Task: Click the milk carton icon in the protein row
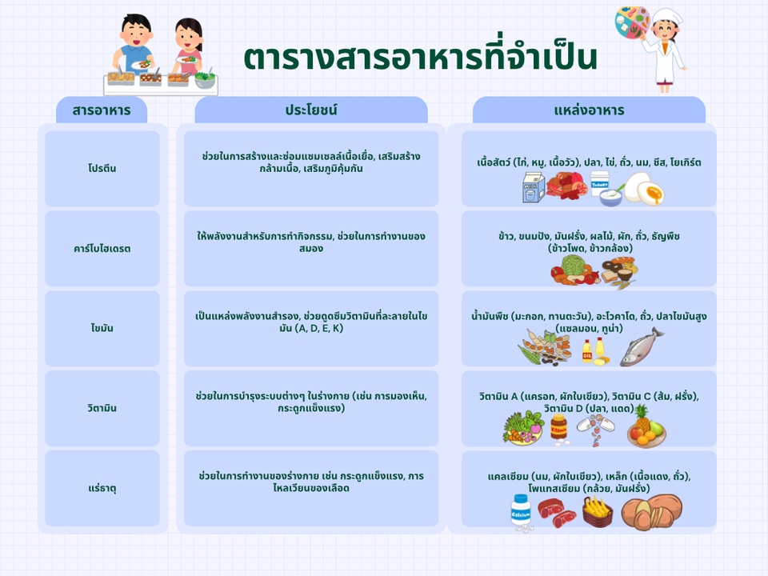click(x=533, y=187)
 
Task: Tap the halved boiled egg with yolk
click(x=645, y=190)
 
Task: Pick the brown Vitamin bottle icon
click(x=558, y=427)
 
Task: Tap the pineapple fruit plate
click(x=645, y=426)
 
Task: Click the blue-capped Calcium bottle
click(x=521, y=510)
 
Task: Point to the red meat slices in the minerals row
click(x=557, y=509)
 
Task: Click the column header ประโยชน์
click(x=310, y=110)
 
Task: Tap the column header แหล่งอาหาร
click(x=589, y=110)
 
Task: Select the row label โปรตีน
click(x=102, y=168)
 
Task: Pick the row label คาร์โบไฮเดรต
click(x=102, y=248)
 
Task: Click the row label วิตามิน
click(x=102, y=408)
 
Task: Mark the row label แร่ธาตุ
click(x=102, y=488)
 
